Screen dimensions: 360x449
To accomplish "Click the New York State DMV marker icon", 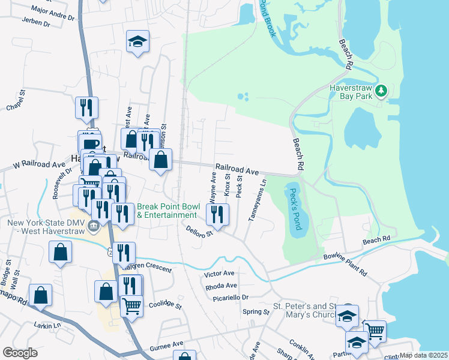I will coord(94,226).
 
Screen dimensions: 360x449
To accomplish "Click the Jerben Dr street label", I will coord(36,22).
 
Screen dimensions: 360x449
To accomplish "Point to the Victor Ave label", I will coord(219,273).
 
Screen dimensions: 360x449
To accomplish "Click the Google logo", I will coord(20,353).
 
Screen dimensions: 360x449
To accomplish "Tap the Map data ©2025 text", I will coord(423,355).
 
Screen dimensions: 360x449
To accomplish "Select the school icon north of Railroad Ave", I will coord(137,42).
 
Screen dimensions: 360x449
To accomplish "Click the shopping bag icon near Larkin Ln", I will coord(40,295).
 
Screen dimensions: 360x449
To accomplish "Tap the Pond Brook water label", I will coord(267,18).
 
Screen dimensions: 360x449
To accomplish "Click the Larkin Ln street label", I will coord(48,325).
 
